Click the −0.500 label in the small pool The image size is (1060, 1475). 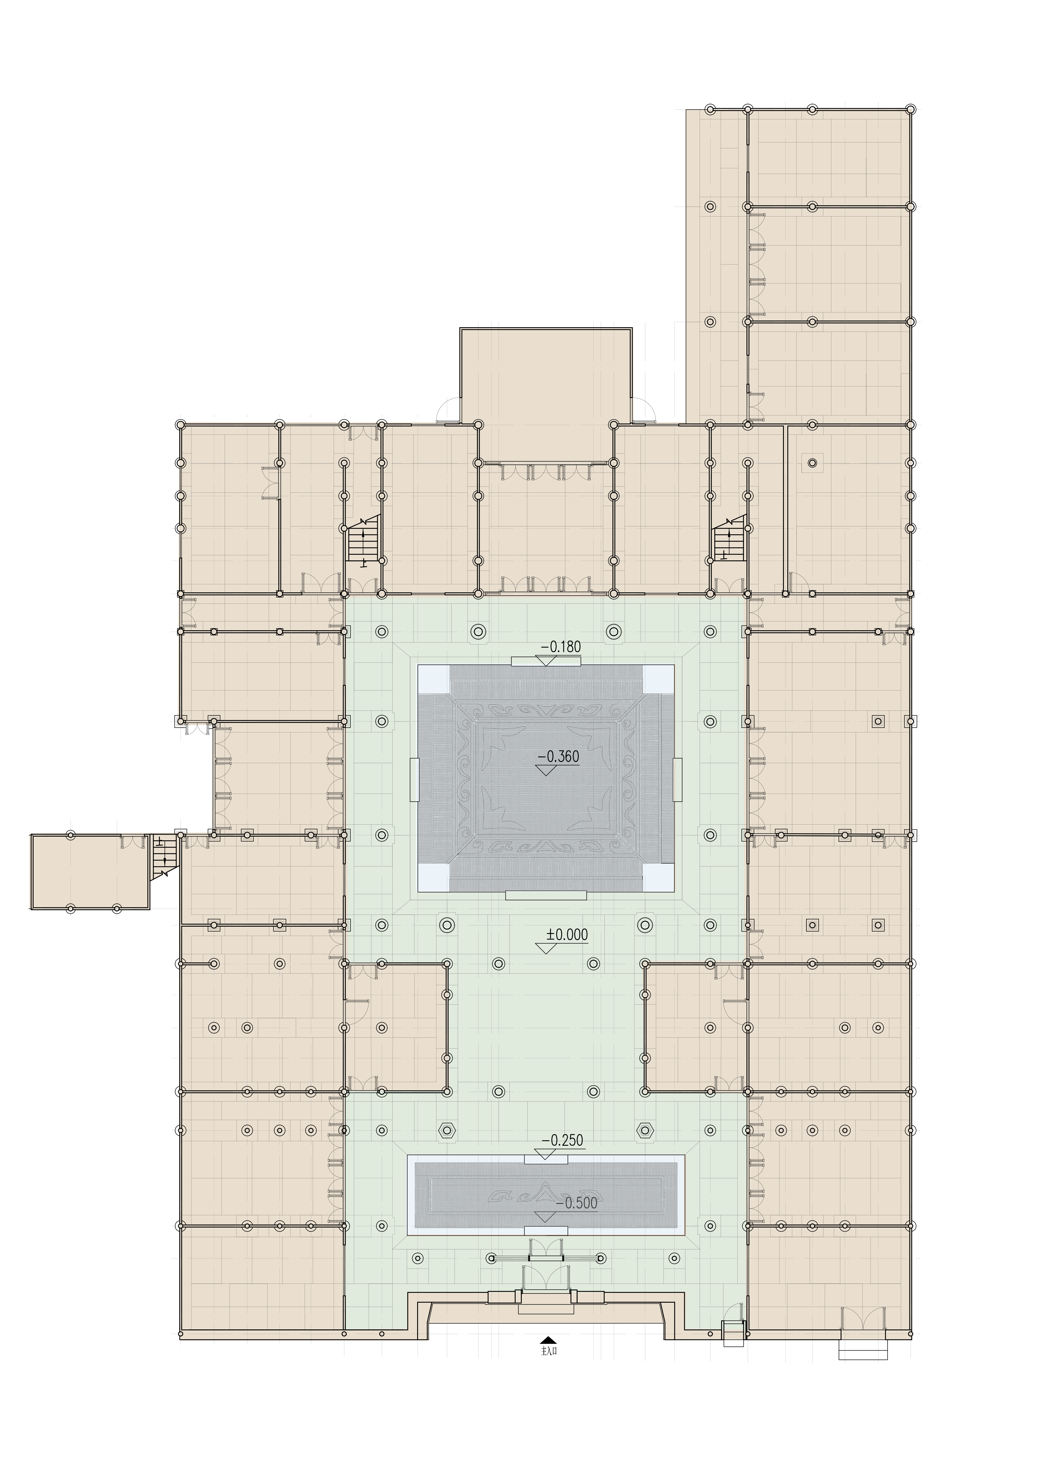577,1203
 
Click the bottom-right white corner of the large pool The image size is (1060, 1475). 659,877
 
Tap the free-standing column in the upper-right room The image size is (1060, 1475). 812,463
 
